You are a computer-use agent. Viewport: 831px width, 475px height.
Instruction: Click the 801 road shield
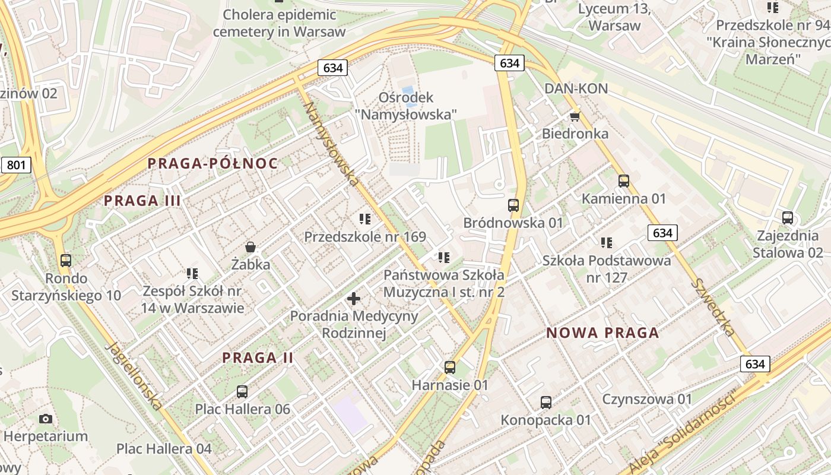pyautogui.click(x=15, y=165)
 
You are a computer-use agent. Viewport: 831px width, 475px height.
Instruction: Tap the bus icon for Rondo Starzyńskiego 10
pyautogui.click(x=66, y=260)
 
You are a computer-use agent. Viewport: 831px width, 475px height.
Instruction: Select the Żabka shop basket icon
pyautogui.click(x=250, y=246)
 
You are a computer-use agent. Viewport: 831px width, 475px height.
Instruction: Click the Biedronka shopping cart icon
pyautogui.click(x=575, y=116)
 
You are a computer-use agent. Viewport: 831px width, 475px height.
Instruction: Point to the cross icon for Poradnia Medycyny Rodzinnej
pyautogui.click(x=354, y=298)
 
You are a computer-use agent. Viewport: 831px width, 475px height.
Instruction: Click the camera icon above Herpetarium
pyautogui.click(x=46, y=419)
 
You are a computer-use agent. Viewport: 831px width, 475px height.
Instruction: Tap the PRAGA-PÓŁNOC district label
pyautogui.click(x=212, y=163)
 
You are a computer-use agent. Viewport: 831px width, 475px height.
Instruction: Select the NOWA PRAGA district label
pyautogui.click(x=602, y=332)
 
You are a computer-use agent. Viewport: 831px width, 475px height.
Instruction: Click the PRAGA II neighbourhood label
pyautogui.click(x=258, y=357)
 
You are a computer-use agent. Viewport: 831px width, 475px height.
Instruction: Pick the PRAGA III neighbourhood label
pyautogui.click(x=142, y=201)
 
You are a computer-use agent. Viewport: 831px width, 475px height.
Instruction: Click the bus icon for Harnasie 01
pyautogui.click(x=450, y=368)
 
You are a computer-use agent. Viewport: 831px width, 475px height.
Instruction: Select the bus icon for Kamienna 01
pyautogui.click(x=623, y=181)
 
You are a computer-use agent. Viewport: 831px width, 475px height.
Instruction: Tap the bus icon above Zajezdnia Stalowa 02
pyautogui.click(x=788, y=218)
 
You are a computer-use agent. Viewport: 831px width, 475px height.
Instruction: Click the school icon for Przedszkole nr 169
pyautogui.click(x=365, y=219)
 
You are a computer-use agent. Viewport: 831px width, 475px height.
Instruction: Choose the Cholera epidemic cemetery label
pyautogui.click(x=279, y=23)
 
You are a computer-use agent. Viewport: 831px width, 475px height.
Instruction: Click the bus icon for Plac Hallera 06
pyautogui.click(x=242, y=391)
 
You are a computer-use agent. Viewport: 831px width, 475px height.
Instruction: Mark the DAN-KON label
pyautogui.click(x=576, y=88)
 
